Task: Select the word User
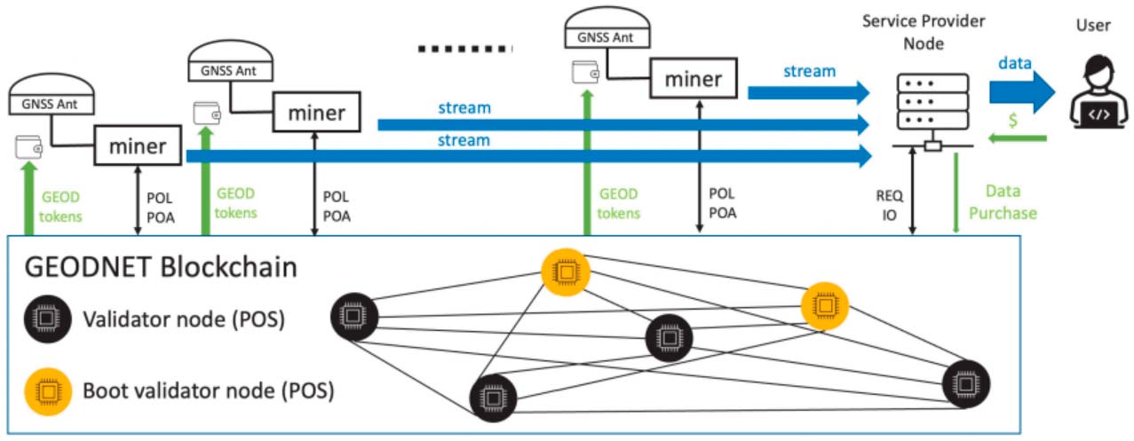[1091, 25]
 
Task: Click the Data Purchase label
[1011, 202]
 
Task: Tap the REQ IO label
[890, 203]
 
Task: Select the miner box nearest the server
[694, 79]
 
